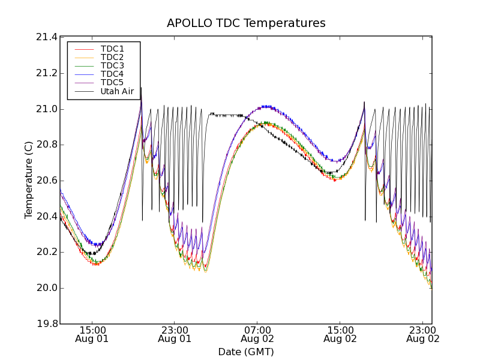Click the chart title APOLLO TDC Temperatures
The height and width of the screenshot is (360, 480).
click(x=246, y=23)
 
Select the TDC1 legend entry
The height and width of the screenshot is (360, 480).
click(x=112, y=49)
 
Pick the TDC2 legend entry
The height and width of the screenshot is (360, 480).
click(x=112, y=57)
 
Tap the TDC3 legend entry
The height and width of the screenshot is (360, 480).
click(x=112, y=65)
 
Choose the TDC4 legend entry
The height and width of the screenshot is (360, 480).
click(x=112, y=74)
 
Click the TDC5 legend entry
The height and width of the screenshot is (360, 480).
click(x=112, y=82)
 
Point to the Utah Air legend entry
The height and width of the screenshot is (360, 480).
click(x=117, y=91)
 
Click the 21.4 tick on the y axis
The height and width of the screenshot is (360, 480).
click(x=47, y=37)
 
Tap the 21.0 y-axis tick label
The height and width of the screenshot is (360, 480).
click(x=47, y=109)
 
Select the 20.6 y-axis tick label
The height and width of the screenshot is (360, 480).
click(x=47, y=181)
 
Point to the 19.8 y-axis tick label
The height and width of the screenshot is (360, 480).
click(x=47, y=324)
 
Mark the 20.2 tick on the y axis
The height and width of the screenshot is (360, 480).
click(x=47, y=252)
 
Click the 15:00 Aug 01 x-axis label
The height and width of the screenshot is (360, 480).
click(x=92, y=334)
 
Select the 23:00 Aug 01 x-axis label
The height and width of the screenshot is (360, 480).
click(x=175, y=334)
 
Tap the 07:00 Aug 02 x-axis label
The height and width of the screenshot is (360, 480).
click(x=257, y=334)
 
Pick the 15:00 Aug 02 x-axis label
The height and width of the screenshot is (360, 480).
click(x=340, y=334)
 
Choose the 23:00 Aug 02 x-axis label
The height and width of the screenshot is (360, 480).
click(x=422, y=334)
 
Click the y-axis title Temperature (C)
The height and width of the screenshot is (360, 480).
click(x=29, y=180)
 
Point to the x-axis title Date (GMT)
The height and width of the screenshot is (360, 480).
click(x=246, y=352)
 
